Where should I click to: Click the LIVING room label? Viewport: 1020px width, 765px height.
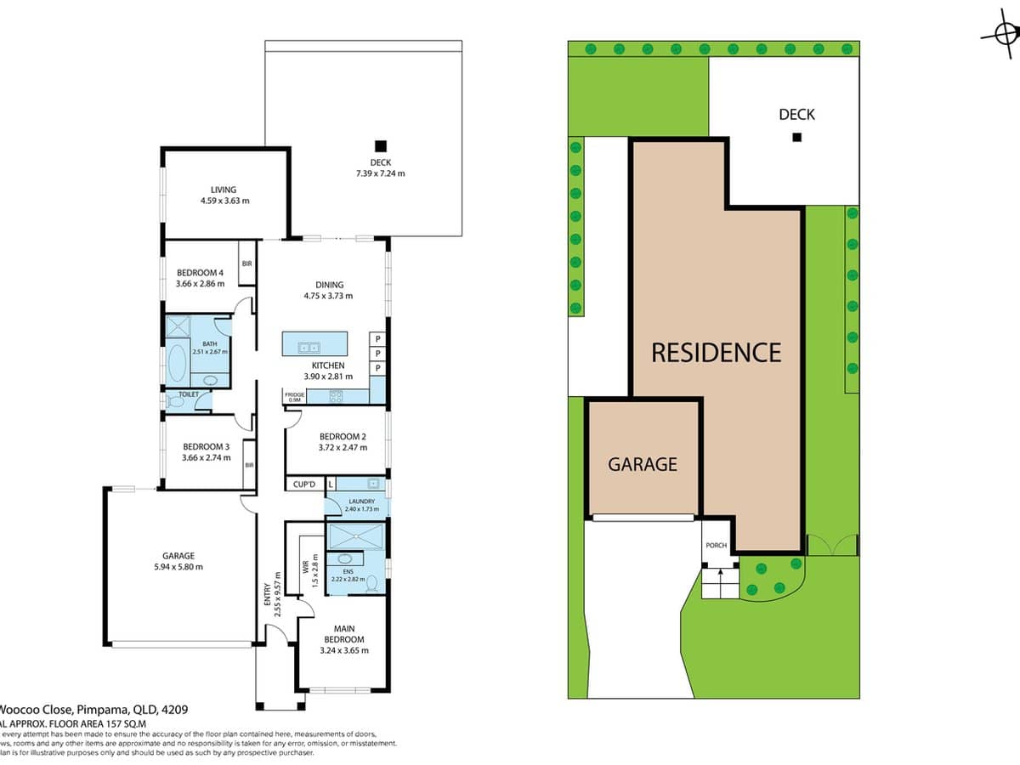(x=224, y=190)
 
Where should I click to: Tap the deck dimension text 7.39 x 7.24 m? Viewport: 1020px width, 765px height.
(x=380, y=173)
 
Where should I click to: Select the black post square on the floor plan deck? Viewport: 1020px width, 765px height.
(x=381, y=145)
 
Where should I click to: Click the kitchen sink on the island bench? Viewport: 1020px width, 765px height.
(x=308, y=347)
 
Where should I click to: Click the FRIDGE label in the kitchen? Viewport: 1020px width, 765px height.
(x=294, y=394)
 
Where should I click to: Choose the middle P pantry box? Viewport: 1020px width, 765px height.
(x=377, y=353)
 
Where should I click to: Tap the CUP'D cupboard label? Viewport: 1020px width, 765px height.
(x=304, y=484)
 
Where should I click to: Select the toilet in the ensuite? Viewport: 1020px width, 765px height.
(x=371, y=584)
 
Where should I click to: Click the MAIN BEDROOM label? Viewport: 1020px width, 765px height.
(x=344, y=634)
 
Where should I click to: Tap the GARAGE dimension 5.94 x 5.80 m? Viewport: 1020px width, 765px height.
(x=178, y=567)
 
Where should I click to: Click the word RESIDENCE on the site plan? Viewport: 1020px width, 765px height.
(x=716, y=352)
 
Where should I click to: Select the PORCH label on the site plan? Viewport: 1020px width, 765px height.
(x=716, y=545)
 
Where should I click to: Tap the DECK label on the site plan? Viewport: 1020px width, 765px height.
(x=796, y=114)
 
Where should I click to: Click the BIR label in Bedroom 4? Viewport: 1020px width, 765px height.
(x=246, y=263)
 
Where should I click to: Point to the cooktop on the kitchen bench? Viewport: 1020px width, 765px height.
(x=336, y=395)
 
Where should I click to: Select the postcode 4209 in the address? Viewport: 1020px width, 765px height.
(x=175, y=709)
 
